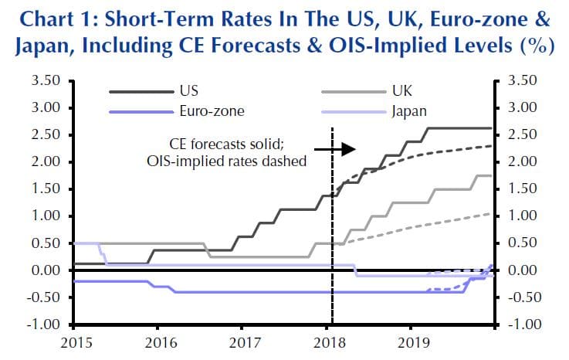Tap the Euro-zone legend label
[212, 110]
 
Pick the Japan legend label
[409, 110]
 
